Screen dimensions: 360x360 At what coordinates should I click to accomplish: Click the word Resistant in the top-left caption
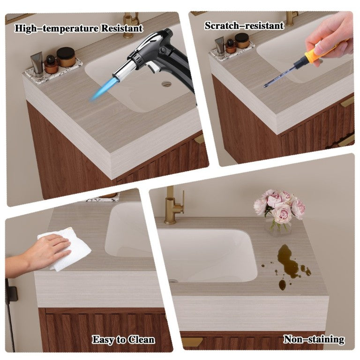click(122, 28)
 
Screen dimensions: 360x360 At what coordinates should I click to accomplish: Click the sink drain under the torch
click(166, 84)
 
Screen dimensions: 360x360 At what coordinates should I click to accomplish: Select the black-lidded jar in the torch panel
click(66, 57)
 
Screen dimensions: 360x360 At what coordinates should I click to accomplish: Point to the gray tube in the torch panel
click(37, 64)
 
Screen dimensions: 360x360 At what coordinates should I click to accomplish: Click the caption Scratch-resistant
click(244, 25)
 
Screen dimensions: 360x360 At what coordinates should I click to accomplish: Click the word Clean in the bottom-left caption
click(141, 340)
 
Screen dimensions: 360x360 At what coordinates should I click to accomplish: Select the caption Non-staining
click(314, 339)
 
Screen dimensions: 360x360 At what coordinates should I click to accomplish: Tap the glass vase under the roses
click(278, 226)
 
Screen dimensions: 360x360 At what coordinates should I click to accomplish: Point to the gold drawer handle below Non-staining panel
click(192, 341)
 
